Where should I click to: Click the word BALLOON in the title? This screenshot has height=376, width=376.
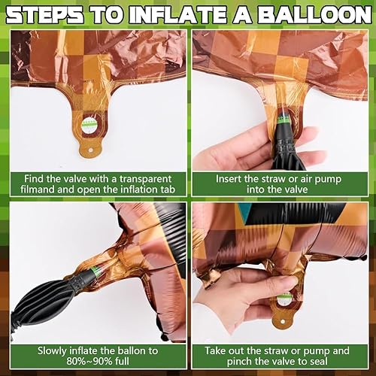[314, 15]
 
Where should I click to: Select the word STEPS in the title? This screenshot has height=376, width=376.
[44, 15]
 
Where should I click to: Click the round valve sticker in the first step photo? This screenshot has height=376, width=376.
[89, 124]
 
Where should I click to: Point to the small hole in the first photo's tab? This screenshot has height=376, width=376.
[90, 150]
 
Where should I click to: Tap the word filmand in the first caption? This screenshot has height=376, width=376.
[38, 190]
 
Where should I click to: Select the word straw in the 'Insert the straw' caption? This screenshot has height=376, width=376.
[273, 179]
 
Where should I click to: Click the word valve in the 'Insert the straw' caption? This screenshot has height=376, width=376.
[294, 190]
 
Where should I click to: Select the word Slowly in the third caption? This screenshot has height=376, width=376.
[52, 351]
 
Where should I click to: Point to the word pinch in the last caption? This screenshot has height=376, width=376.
[239, 362]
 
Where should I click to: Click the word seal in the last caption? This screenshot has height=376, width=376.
[318, 362]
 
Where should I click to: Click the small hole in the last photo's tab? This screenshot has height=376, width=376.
[283, 321]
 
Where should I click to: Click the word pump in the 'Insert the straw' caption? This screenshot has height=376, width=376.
[328, 180]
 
